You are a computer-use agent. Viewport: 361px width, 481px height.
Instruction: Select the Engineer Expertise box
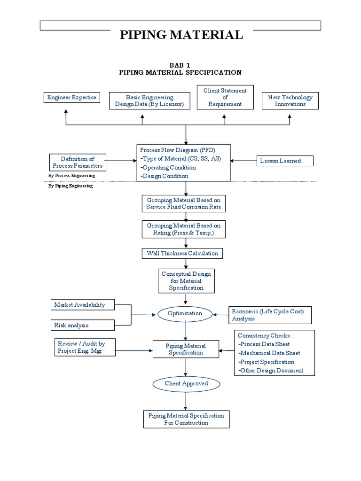click(x=71, y=98)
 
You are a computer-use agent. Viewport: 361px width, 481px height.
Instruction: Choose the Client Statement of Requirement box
click(x=225, y=97)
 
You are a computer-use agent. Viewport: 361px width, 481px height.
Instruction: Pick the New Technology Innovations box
click(x=290, y=101)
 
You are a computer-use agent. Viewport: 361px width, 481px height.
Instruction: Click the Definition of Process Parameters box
click(x=78, y=163)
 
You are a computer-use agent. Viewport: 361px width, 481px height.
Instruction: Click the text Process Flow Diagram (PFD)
click(x=177, y=150)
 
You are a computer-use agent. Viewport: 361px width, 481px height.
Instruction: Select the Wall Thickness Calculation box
click(x=182, y=254)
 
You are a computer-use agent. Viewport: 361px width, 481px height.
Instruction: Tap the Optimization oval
click(x=185, y=313)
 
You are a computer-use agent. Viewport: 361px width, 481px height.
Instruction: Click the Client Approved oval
click(x=186, y=384)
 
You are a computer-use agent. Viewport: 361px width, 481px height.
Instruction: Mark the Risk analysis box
click(x=83, y=325)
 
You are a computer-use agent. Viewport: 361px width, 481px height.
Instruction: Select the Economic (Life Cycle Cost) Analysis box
click(x=270, y=315)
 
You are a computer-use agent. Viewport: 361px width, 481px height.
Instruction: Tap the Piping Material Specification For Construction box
click(x=186, y=419)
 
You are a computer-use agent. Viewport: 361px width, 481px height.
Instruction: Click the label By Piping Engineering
click(x=71, y=186)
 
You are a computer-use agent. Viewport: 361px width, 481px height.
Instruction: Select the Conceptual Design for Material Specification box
click(x=186, y=280)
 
